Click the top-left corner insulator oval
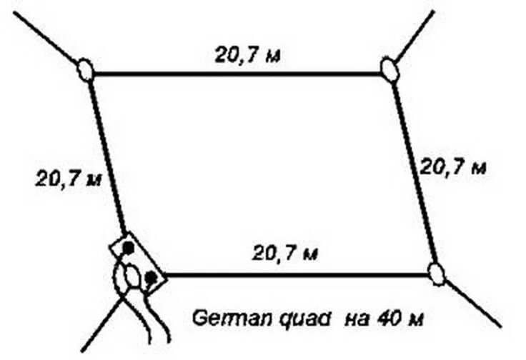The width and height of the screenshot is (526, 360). click(x=86, y=70)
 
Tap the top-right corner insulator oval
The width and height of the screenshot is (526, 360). click(x=389, y=69)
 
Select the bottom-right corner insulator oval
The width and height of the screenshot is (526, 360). click(x=437, y=274)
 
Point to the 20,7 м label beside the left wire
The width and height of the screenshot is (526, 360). click(x=68, y=176)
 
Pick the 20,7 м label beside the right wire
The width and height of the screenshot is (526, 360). click(x=452, y=166)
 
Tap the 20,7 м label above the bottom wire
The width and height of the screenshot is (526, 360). click(x=285, y=253)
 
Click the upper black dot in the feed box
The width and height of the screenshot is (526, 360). click(x=128, y=248)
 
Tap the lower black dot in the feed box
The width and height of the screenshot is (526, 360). click(x=150, y=276)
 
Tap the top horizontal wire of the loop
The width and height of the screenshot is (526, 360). click(x=236, y=74)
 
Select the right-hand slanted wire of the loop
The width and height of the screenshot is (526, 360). click(x=415, y=171)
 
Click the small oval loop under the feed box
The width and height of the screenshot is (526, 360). click(x=131, y=276)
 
